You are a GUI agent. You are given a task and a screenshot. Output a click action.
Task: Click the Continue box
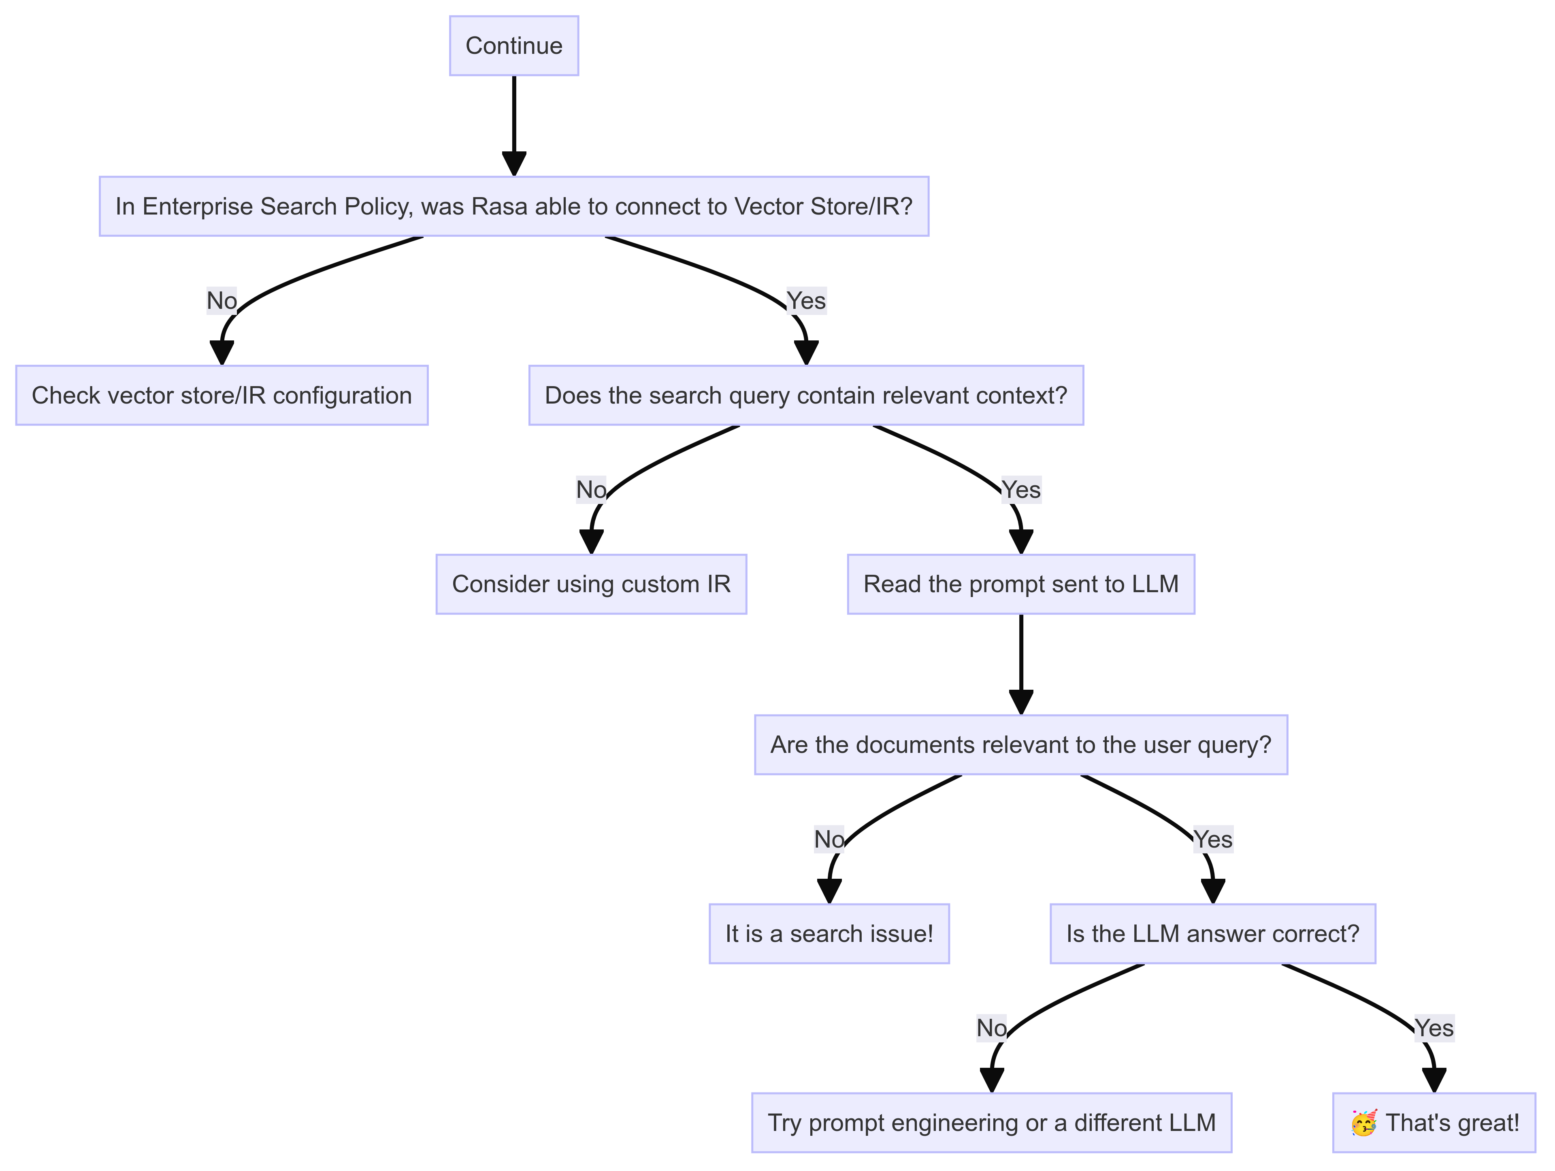(x=514, y=46)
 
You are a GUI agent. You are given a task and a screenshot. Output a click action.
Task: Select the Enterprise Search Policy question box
(x=514, y=206)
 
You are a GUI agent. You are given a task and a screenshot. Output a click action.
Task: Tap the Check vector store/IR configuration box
(x=222, y=395)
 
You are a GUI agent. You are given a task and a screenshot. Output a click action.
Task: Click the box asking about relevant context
(x=805, y=395)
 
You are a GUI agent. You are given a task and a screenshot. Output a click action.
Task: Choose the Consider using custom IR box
(x=591, y=584)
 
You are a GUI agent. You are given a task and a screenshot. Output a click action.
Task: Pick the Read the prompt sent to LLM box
(x=1021, y=584)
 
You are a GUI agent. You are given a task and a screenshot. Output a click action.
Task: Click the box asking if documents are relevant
(x=1021, y=744)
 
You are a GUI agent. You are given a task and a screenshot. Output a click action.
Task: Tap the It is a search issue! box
(x=829, y=933)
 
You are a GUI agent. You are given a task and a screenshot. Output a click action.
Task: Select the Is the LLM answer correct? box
(x=1213, y=933)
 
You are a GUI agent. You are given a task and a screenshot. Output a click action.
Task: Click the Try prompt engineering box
(x=991, y=1122)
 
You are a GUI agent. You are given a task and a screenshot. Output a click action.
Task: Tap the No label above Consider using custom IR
(x=591, y=489)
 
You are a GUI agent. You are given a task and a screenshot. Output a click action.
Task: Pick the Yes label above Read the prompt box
(x=1021, y=489)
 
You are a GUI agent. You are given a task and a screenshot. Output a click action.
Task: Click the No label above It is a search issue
(x=829, y=839)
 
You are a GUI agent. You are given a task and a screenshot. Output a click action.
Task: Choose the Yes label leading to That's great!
(x=1434, y=1028)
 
